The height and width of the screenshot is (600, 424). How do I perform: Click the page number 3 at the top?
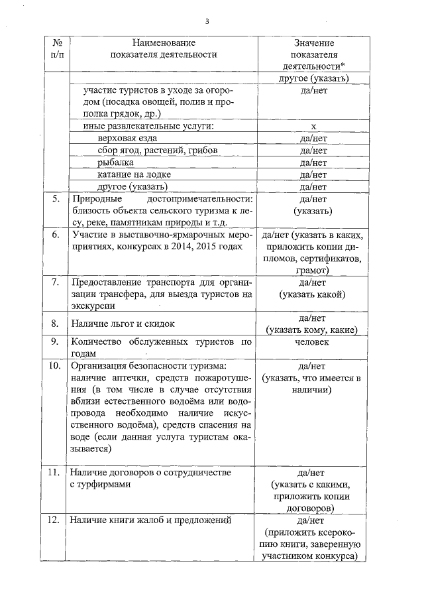point(207,21)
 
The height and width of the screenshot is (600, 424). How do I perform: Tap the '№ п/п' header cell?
point(56,48)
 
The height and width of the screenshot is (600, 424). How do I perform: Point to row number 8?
point(56,324)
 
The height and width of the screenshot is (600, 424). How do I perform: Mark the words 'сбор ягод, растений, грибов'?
point(148,150)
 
